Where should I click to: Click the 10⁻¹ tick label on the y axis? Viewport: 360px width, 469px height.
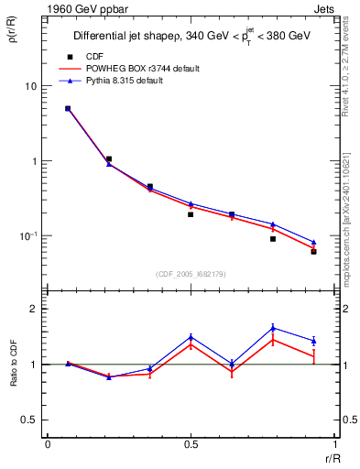click(x=27, y=236)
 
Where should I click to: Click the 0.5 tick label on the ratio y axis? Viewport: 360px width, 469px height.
click(x=27, y=420)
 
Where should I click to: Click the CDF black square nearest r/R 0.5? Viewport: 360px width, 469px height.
click(x=191, y=214)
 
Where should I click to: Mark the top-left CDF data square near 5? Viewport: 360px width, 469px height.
click(x=68, y=108)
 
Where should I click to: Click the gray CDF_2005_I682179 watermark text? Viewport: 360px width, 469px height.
click(x=191, y=274)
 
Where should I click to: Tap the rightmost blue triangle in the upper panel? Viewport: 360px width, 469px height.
click(x=313, y=243)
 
